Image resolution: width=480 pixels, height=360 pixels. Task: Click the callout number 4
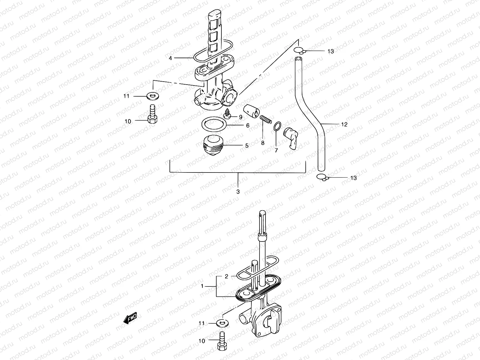coord(170,58)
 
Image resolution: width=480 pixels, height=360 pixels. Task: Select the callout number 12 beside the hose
coord(344,124)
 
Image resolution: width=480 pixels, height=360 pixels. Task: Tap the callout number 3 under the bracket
coord(238,191)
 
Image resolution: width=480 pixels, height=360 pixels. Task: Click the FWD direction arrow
coord(130,319)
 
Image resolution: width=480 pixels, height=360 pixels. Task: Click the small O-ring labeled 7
coord(277,126)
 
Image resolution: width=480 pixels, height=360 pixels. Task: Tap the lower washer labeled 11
coord(222,323)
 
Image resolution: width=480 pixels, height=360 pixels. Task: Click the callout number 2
coord(226,277)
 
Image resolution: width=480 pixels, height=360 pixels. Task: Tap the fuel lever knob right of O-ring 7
coord(292,136)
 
